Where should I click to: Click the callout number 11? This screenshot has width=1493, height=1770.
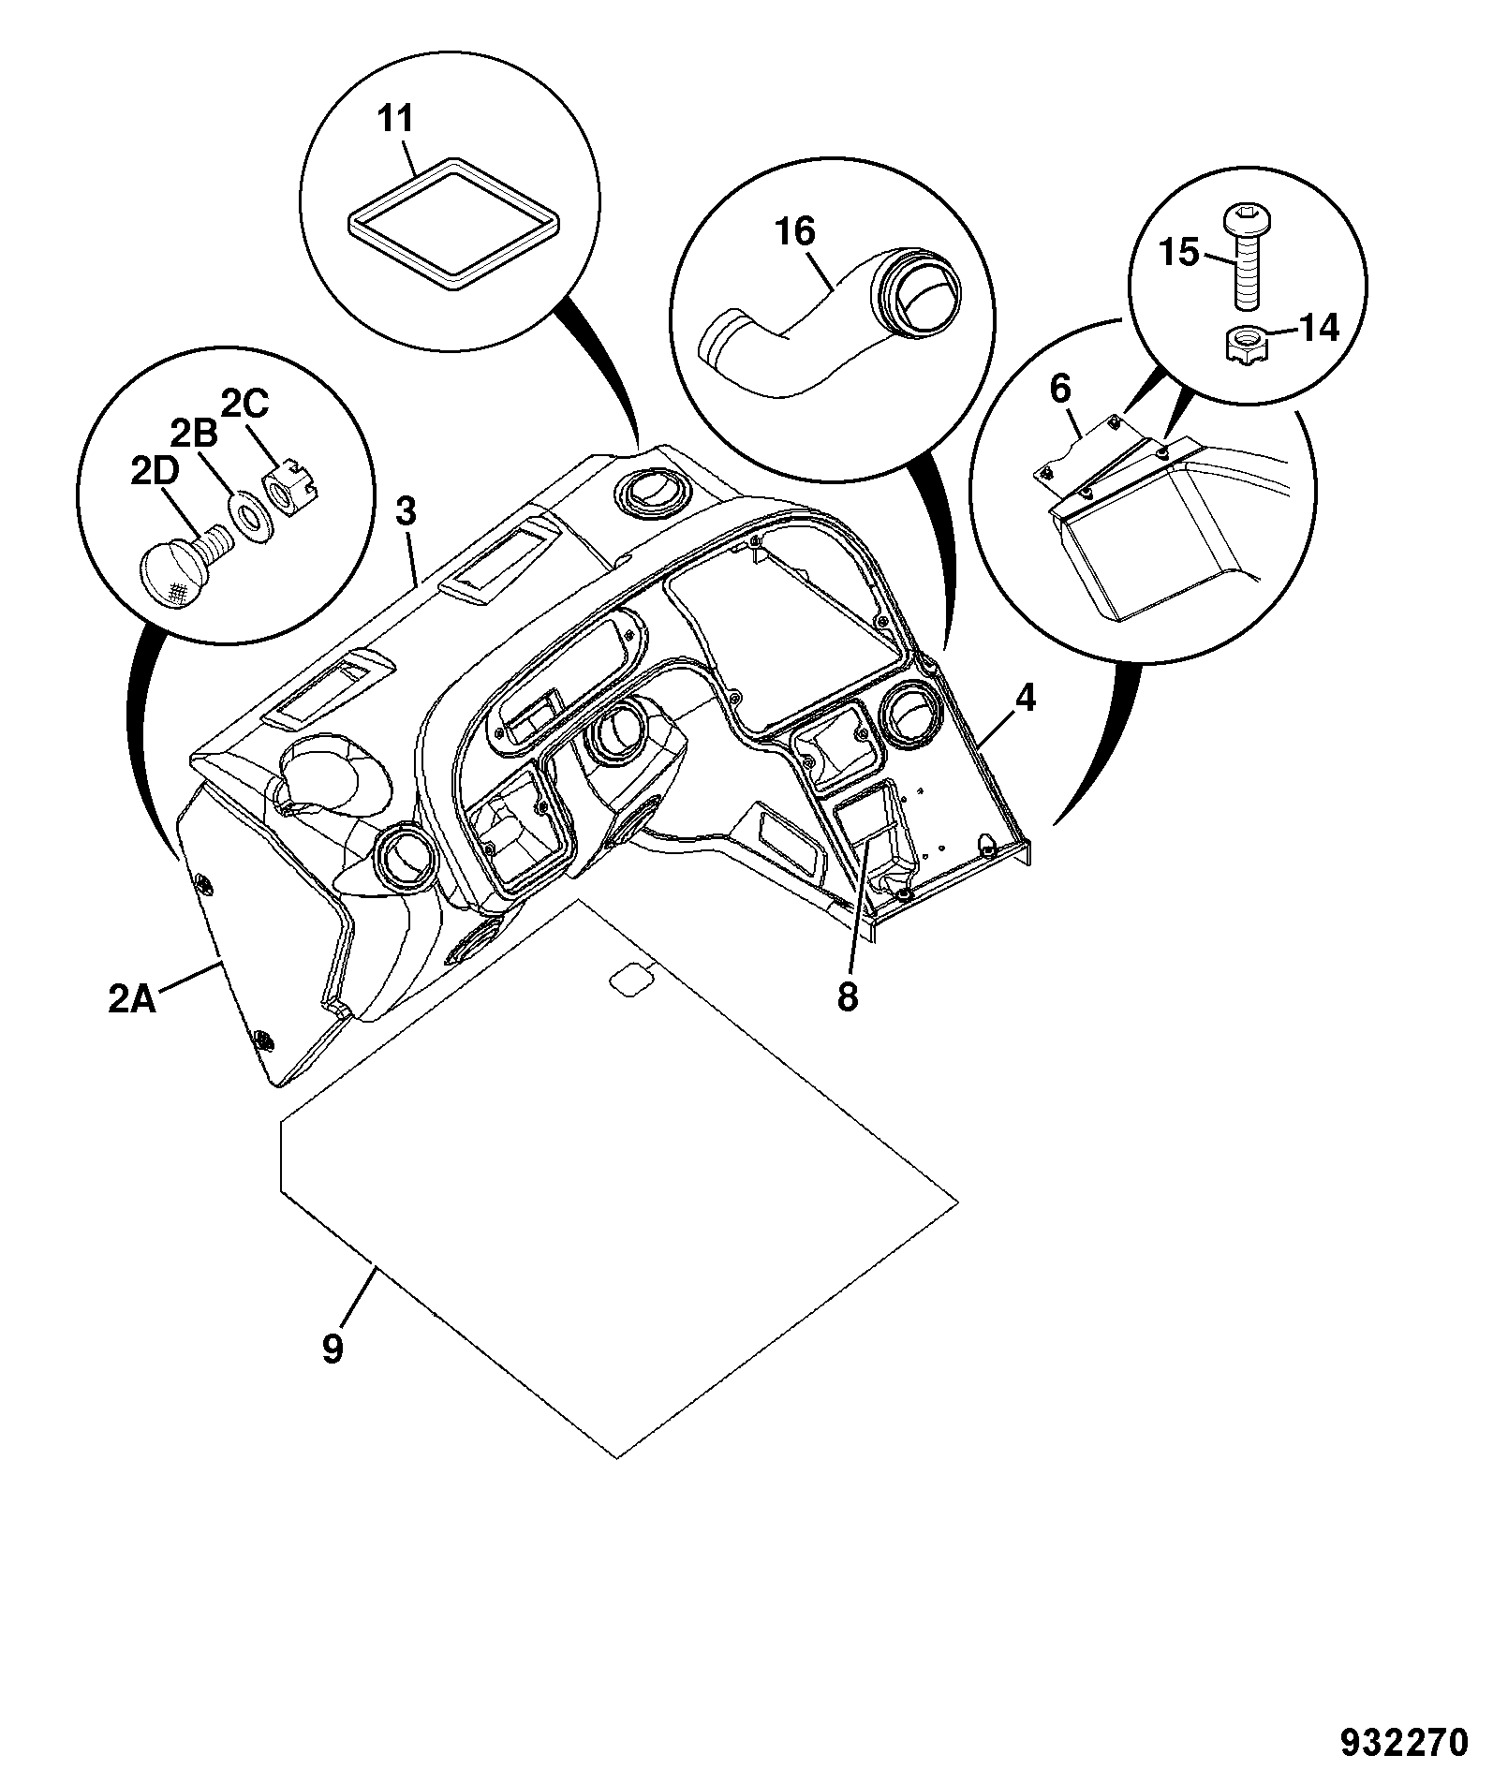point(394,121)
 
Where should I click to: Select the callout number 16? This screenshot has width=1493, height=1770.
point(795,232)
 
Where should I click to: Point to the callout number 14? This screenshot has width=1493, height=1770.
point(1320,330)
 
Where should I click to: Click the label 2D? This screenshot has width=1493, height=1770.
point(152,473)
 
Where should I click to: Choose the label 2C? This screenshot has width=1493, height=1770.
point(244,405)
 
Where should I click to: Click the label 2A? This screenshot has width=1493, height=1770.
point(131,1000)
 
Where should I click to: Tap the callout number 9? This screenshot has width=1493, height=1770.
point(333,1350)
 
